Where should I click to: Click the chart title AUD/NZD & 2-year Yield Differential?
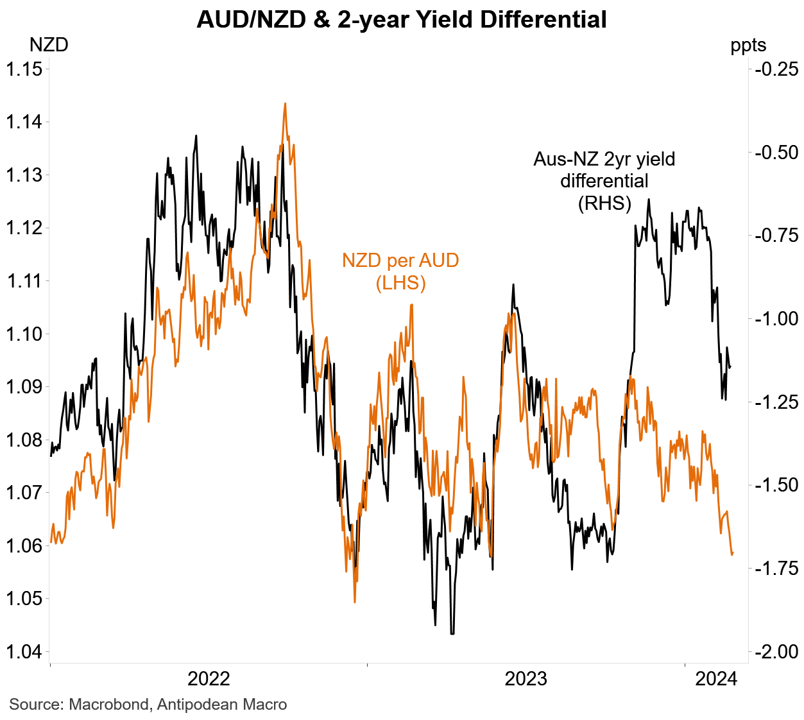(402, 19)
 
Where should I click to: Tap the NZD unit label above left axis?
(49, 45)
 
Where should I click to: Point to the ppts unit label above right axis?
(748, 45)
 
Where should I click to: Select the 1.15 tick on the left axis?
(24, 69)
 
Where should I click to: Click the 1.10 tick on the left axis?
(24, 334)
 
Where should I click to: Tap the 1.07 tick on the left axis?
(24, 493)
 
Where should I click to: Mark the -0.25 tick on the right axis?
(776, 69)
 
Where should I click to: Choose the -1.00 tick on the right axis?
(776, 318)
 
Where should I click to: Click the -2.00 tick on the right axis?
(776, 651)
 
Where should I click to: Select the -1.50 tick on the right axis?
(776, 484)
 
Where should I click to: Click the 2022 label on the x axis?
(209, 678)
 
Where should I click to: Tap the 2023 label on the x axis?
(526, 678)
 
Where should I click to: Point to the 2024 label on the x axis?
(717, 678)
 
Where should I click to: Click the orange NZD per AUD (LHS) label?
(400, 271)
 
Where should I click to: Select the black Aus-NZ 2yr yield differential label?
(604, 181)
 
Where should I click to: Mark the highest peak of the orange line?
(284, 103)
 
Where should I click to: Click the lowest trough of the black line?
(452, 633)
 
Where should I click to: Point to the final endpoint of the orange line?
(733, 553)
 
